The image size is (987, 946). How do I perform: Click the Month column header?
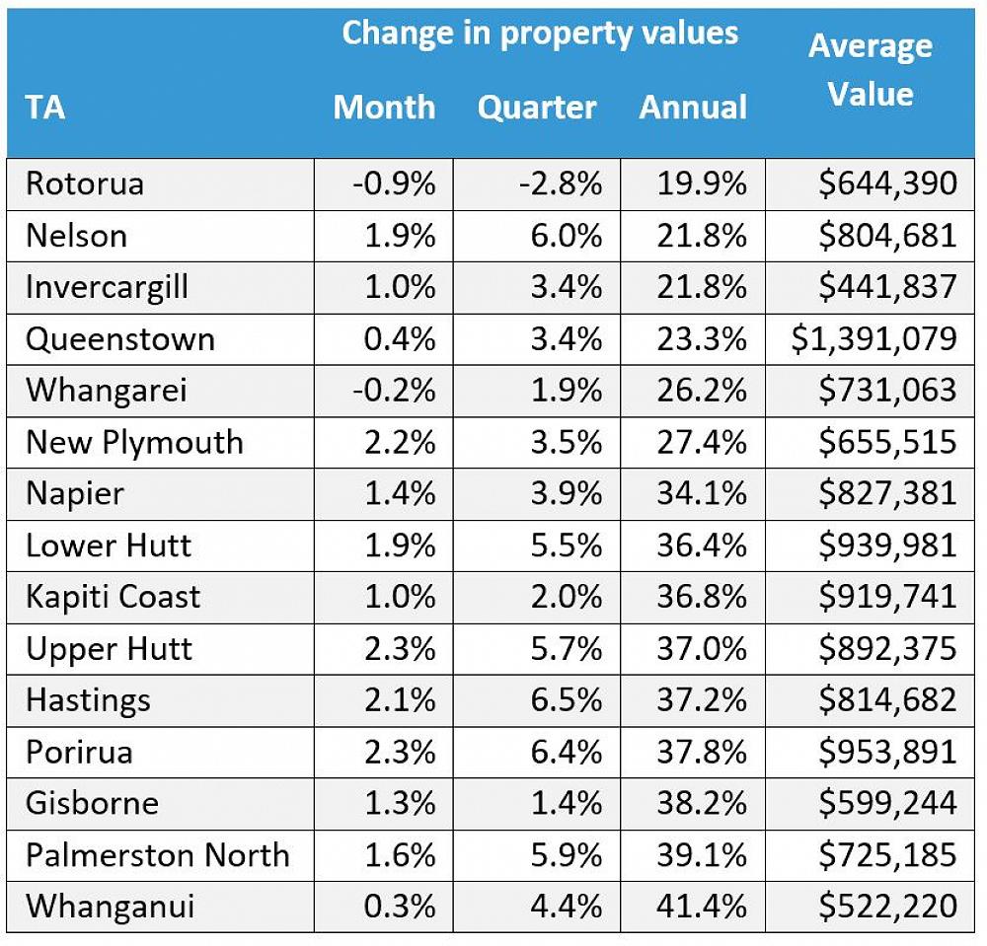(x=384, y=107)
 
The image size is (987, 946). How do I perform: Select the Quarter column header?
(x=537, y=107)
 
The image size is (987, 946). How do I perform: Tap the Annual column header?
(x=693, y=107)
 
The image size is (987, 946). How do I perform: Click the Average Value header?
(x=870, y=70)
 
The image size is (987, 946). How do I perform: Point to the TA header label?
(x=45, y=107)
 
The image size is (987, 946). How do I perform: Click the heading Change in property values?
(x=540, y=33)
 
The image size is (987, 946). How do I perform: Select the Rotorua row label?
(x=85, y=183)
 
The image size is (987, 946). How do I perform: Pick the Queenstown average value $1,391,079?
(x=873, y=338)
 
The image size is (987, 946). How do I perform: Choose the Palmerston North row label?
(x=158, y=853)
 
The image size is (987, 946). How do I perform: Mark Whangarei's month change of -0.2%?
(x=395, y=390)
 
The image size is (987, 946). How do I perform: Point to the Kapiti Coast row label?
(x=113, y=597)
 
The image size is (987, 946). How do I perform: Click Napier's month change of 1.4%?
(x=402, y=493)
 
